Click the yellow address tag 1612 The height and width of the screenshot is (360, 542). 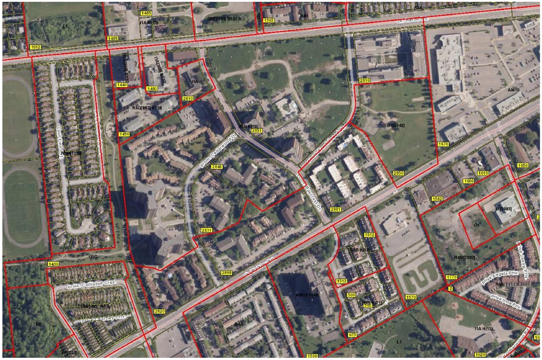point(36,47)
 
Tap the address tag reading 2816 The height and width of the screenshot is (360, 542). point(365,80)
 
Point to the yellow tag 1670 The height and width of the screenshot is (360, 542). point(443,144)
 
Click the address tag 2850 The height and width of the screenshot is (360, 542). point(398,173)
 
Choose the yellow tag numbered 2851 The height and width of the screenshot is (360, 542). point(257,130)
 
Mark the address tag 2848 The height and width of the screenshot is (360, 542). point(217,167)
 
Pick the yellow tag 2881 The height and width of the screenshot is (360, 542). point(336,209)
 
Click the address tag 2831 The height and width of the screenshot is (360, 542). point(206,230)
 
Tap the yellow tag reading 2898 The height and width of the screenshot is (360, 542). point(227,273)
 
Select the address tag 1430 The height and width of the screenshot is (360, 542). point(53,264)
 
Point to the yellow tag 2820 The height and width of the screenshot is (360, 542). point(159,311)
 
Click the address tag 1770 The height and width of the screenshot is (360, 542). point(451,277)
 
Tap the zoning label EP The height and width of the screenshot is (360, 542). point(38,324)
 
